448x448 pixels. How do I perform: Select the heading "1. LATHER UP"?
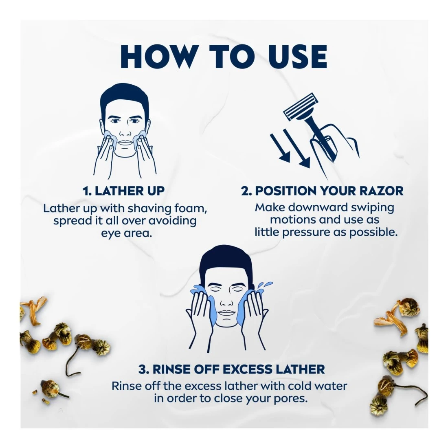pyautogui.click(x=123, y=191)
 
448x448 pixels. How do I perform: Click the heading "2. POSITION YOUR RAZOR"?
pyautogui.click(x=322, y=191)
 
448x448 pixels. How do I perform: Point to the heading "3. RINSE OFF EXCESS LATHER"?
pyautogui.click(x=232, y=369)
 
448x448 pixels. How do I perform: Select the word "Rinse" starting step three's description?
pyautogui.click(x=126, y=386)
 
